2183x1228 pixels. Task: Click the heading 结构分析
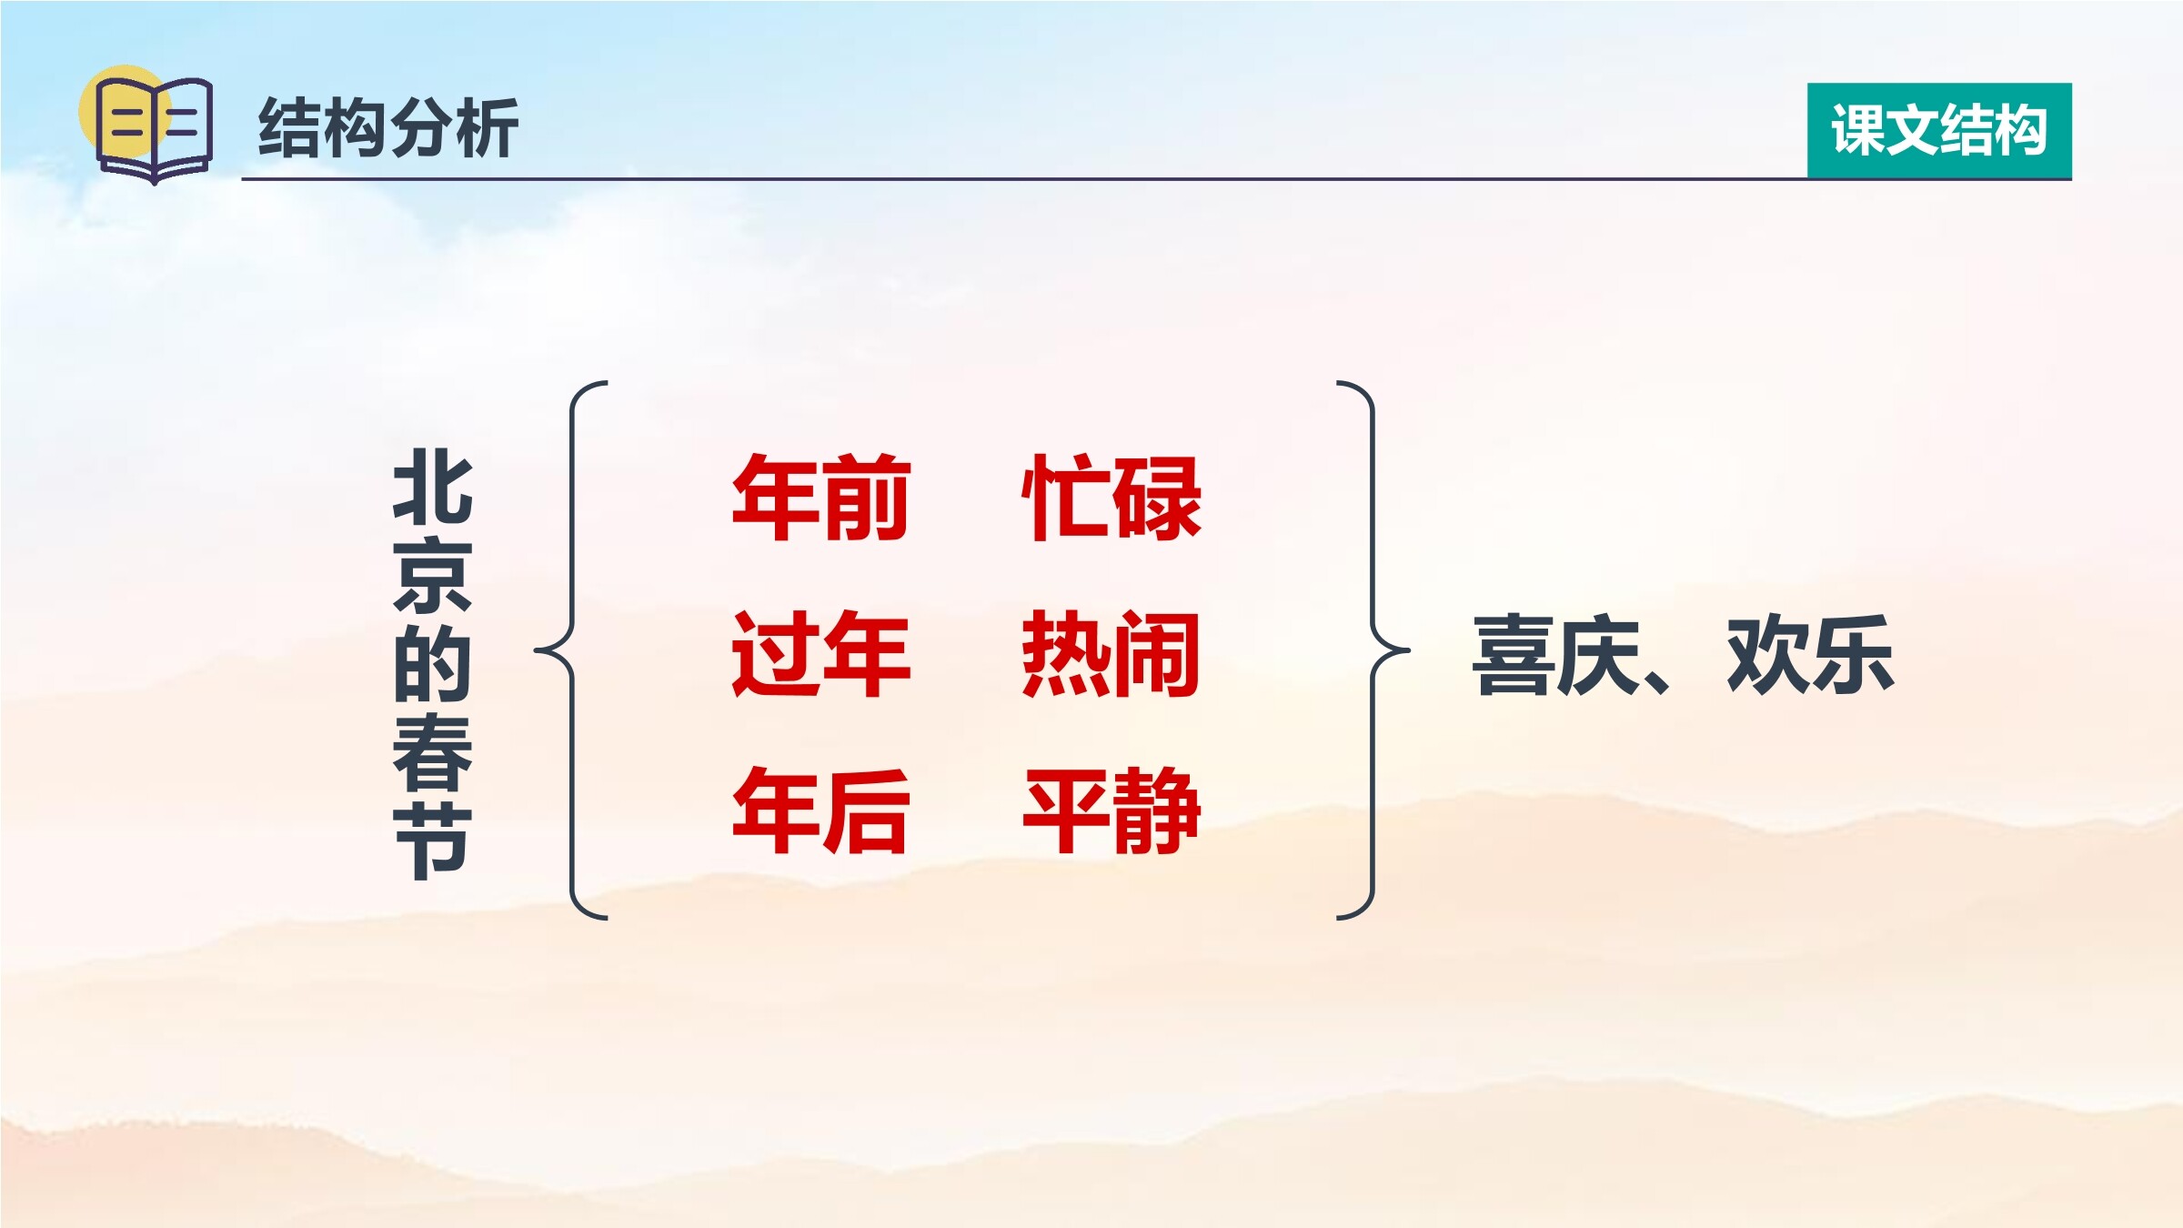(388, 128)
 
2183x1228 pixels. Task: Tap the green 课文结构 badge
(1939, 130)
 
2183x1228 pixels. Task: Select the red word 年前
(821, 498)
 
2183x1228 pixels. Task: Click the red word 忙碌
(1112, 498)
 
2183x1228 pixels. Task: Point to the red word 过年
(821, 654)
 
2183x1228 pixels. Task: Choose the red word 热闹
(1112, 654)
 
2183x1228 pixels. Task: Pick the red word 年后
(821, 810)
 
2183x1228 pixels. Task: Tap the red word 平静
(1112, 810)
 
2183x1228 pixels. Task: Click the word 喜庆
(1556, 655)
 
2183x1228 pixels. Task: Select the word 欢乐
(1810, 655)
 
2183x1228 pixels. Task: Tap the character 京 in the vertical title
(433, 576)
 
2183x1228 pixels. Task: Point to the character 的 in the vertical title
(433, 664)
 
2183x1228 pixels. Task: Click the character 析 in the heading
(487, 128)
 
